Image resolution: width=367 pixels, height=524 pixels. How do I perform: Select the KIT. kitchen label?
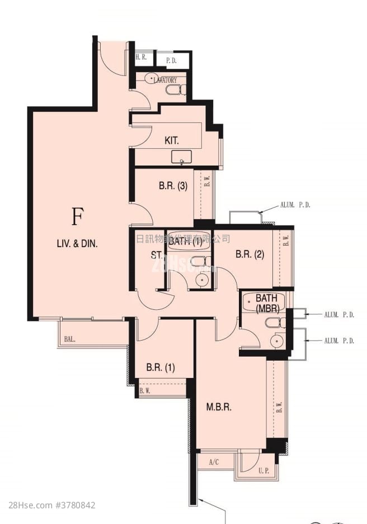point(172,140)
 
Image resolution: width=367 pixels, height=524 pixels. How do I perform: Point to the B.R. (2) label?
point(250,254)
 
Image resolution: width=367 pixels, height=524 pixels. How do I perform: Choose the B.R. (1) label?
point(161,367)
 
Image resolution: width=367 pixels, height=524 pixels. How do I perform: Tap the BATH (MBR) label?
point(267,303)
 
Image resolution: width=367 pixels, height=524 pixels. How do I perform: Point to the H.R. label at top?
point(141,58)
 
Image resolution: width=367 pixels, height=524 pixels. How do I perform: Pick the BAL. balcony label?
point(69,339)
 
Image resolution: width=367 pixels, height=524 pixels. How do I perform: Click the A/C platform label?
point(214,462)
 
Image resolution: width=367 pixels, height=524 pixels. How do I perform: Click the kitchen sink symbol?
point(182,157)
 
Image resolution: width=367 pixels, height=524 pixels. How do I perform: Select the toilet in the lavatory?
point(175,89)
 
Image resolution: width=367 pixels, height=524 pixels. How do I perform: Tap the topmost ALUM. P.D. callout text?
point(296,205)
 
